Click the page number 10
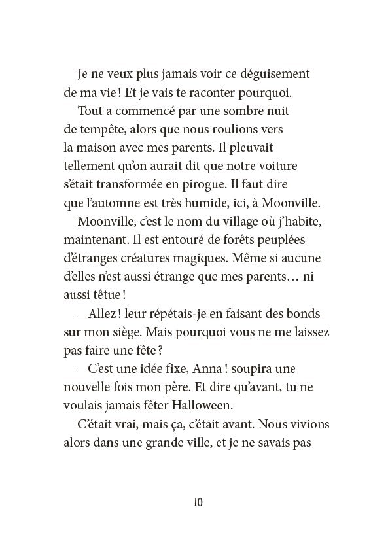[198, 502]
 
